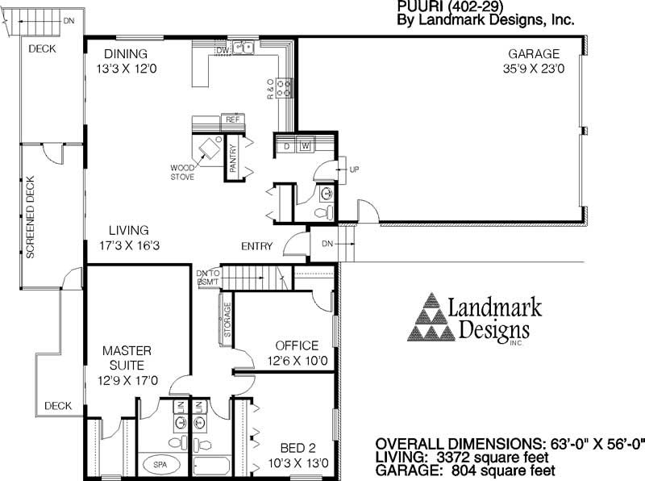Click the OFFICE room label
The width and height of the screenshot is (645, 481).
click(x=297, y=345)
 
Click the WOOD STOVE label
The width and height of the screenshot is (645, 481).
click(x=181, y=172)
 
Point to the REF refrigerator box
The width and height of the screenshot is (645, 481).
click(x=233, y=119)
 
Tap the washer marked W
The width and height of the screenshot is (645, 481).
click(x=305, y=146)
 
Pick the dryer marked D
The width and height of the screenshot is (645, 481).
click(x=286, y=146)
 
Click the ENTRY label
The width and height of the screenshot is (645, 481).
click(x=256, y=246)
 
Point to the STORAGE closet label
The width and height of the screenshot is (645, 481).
click(x=228, y=320)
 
